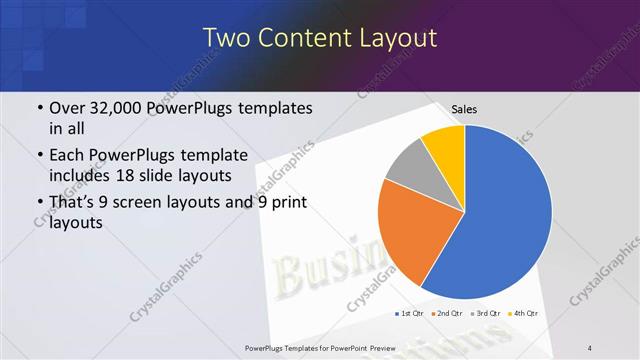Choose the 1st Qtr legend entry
point(409,314)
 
